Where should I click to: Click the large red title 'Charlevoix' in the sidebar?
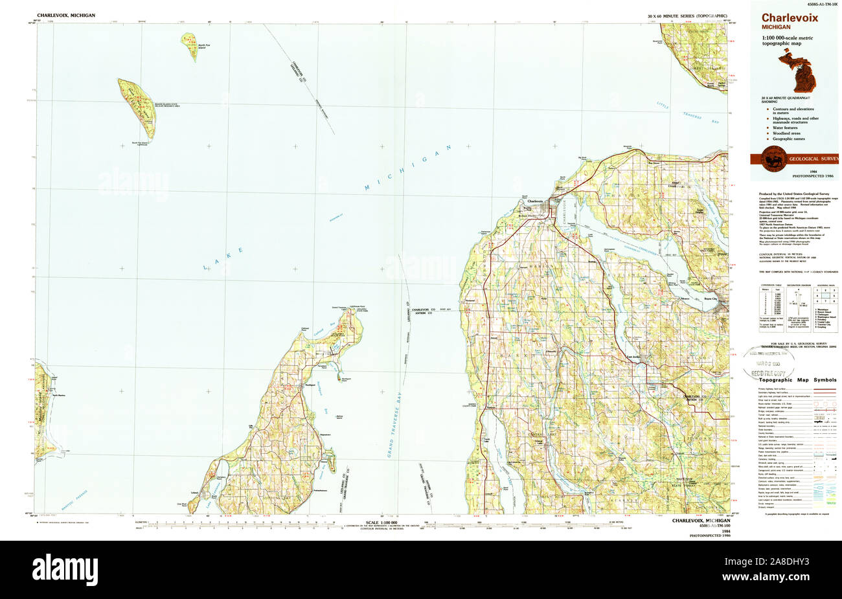pos(790,17)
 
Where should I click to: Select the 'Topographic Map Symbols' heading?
pos(798,380)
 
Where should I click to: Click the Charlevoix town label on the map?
pos(535,201)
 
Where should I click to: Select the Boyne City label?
pos(711,299)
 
